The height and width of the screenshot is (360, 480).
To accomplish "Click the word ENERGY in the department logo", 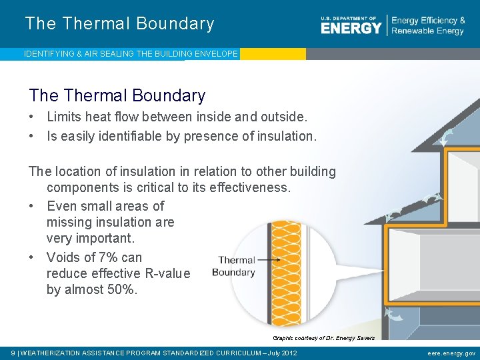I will click(351, 28).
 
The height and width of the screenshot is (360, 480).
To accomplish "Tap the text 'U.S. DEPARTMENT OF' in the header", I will click(349, 17).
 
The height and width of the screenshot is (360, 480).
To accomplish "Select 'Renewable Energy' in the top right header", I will click(427, 31).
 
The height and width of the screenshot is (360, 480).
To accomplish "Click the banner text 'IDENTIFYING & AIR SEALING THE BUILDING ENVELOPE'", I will click(131, 54).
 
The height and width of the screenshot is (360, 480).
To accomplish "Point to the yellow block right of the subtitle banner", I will click(272, 54).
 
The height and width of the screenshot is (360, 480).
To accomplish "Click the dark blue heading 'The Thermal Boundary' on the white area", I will click(117, 96).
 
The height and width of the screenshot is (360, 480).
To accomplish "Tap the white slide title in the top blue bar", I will click(119, 24).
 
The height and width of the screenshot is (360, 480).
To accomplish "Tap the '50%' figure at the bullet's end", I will click(121, 290).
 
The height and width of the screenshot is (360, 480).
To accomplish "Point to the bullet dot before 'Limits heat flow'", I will click(32, 117).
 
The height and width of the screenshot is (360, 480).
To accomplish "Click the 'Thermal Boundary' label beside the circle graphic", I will click(234, 266).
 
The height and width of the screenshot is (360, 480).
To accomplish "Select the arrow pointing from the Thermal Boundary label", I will click(269, 260).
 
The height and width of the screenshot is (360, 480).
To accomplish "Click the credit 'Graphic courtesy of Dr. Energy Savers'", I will click(323, 338).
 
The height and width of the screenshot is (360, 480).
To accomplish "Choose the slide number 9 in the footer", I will click(15, 353).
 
